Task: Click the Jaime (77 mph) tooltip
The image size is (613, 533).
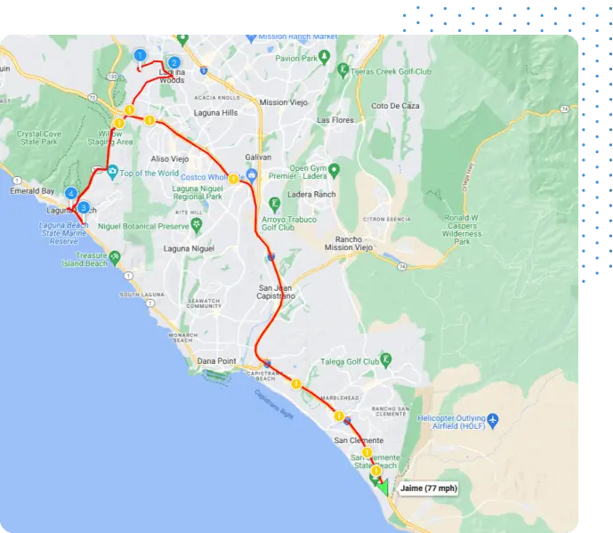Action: [428, 489]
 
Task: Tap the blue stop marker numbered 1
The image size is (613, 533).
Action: [140, 55]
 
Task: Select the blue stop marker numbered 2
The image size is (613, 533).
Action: [174, 61]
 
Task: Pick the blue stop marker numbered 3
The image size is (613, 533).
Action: [83, 207]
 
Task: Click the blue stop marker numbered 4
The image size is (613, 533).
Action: [71, 193]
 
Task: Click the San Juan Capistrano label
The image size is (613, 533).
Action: [276, 293]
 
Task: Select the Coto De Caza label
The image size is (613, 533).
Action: [395, 106]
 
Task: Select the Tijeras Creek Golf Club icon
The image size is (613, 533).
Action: [343, 69]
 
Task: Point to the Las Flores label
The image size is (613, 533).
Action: [335, 120]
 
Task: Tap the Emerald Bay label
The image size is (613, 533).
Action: [32, 191]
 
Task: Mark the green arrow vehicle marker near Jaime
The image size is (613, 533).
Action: [381, 486]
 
